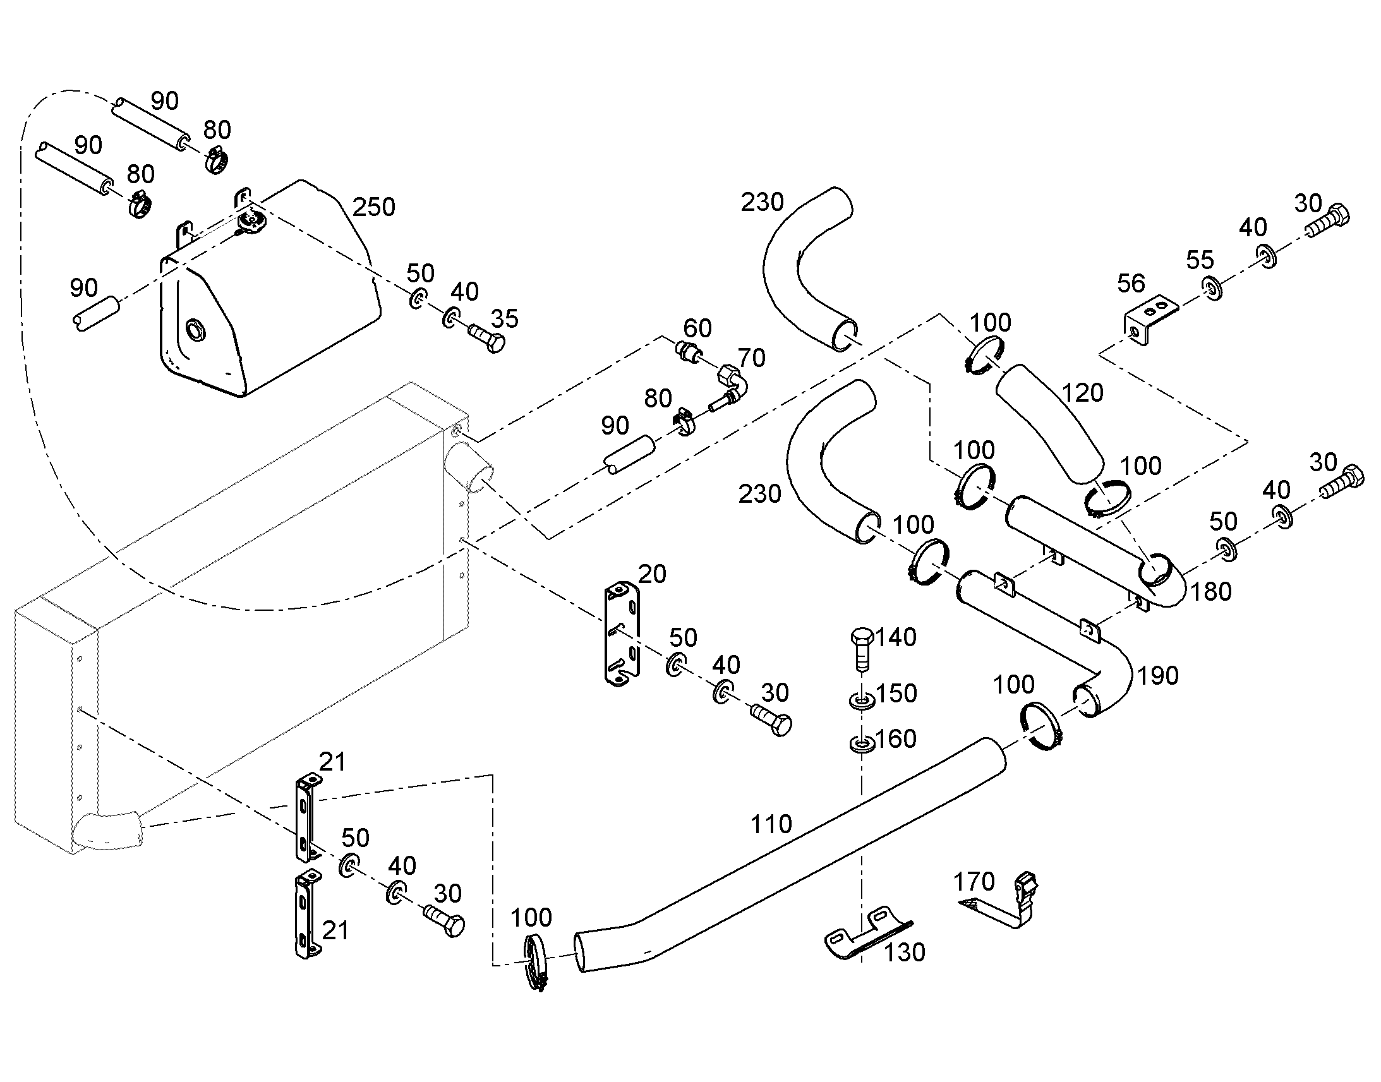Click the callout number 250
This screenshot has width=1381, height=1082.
point(374,207)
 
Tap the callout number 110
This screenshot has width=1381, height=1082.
point(771,824)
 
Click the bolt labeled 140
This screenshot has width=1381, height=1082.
point(861,649)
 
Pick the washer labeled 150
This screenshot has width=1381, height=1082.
point(862,700)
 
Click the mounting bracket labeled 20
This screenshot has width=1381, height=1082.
point(622,634)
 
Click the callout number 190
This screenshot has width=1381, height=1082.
point(1158,676)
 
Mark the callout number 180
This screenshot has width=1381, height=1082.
point(1211,592)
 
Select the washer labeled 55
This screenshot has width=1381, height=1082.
point(1212,287)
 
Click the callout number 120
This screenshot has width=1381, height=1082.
point(1083,393)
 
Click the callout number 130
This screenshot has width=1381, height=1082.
point(905,952)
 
